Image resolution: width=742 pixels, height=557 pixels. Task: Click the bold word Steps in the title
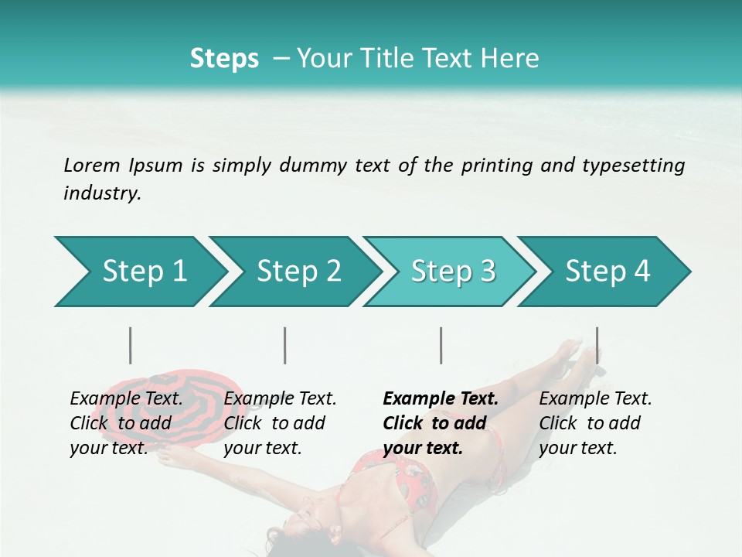point(224,59)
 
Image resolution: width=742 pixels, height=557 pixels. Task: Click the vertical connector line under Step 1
point(131,345)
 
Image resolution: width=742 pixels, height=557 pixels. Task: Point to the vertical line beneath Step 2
point(285,345)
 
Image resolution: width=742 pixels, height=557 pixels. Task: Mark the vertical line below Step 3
point(441,345)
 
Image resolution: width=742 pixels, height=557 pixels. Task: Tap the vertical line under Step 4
point(597,345)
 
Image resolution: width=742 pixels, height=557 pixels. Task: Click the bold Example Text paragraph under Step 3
point(441,423)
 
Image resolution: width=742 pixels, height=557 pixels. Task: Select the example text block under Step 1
point(126,423)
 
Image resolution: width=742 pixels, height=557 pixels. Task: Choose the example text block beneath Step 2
point(280,423)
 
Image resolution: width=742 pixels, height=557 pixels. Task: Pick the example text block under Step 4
point(595,423)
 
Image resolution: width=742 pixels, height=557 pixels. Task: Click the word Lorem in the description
point(91,165)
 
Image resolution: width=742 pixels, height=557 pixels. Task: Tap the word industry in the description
point(102,193)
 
